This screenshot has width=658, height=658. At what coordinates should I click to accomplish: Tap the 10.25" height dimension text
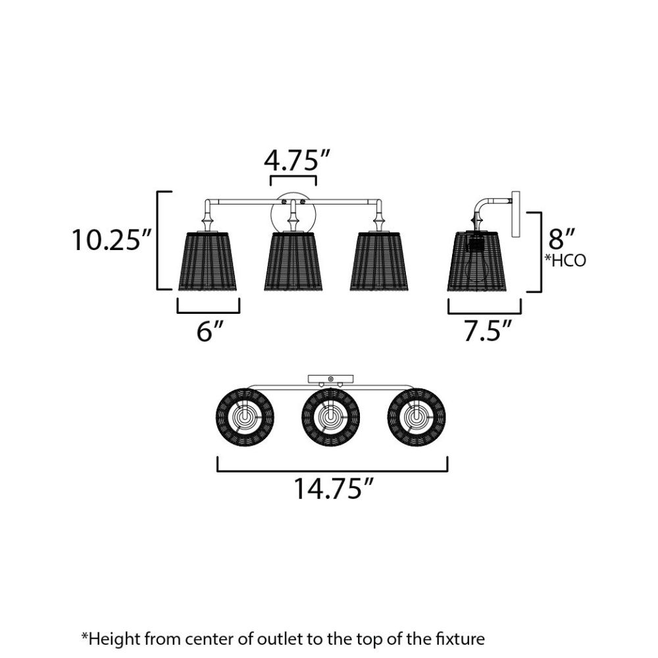(x=112, y=240)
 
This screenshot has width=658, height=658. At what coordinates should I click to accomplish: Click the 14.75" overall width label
(x=333, y=488)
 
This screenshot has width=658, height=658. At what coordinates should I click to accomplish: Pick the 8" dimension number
(x=561, y=239)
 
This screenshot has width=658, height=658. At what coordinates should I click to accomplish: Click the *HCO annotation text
(x=565, y=261)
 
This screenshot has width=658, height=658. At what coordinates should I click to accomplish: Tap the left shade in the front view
(x=208, y=261)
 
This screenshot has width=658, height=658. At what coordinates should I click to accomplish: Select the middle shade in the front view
(x=293, y=261)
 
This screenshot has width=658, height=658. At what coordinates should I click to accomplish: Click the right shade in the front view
(x=380, y=261)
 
